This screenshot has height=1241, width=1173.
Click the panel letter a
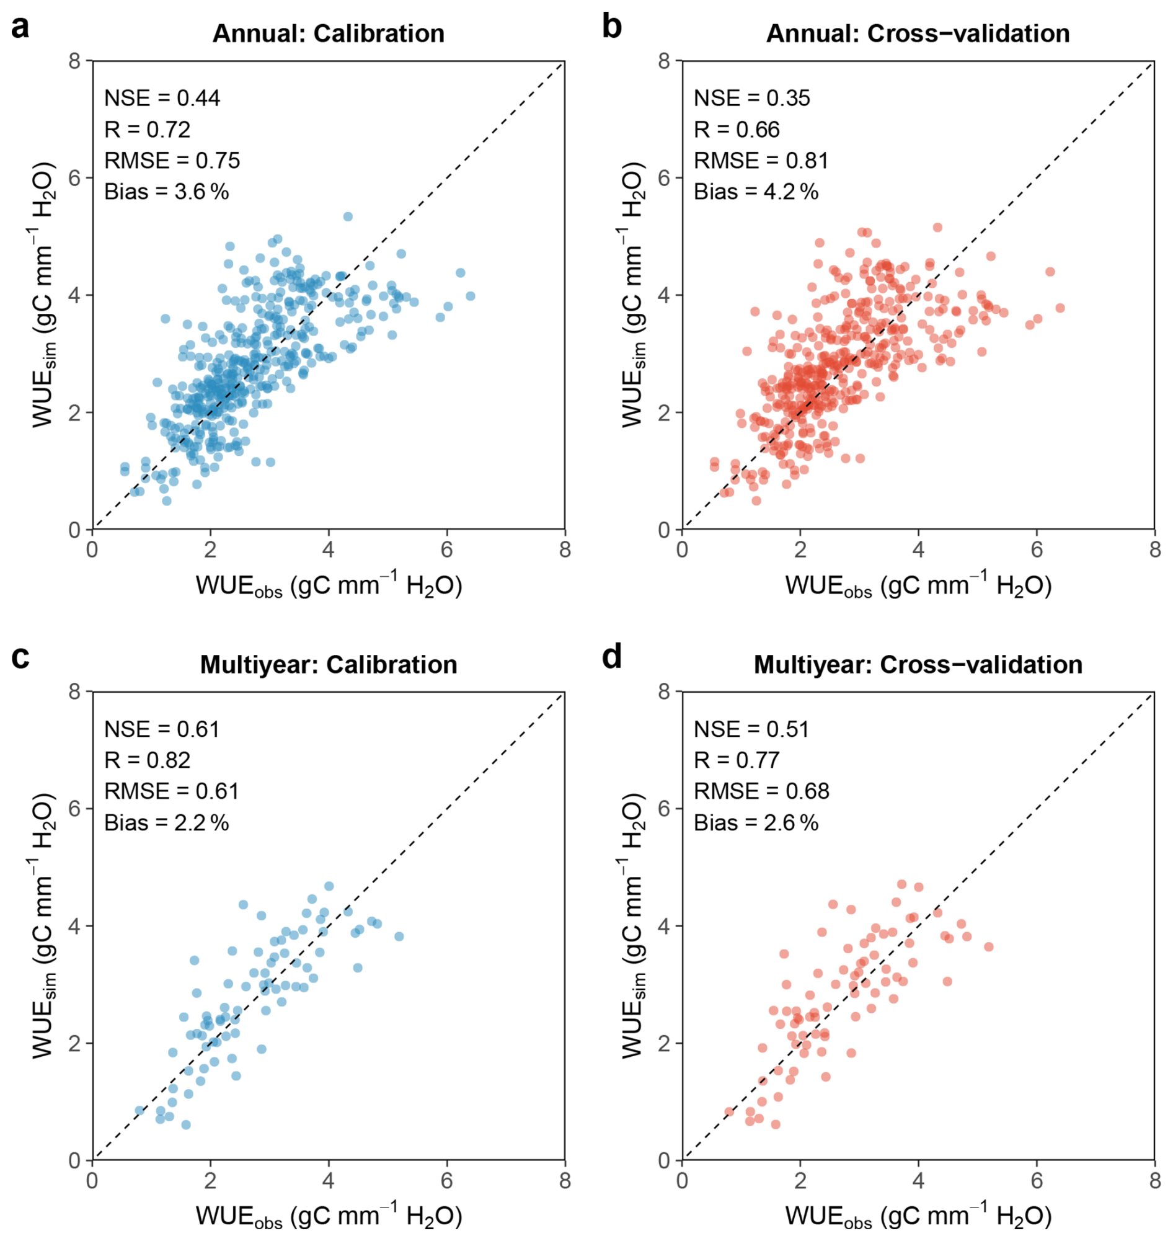coord(20,27)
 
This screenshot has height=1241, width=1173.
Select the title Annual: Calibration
coord(328,33)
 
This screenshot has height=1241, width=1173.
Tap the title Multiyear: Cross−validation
coord(918,664)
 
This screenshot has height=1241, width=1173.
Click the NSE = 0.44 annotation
coord(162,98)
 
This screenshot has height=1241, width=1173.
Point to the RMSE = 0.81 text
coord(761,161)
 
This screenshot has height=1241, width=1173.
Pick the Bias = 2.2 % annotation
coord(166,822)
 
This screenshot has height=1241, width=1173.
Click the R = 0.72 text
coord(147,130)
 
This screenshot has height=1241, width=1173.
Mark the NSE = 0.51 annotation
coord(751,729)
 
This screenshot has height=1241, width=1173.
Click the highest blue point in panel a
coord(348,216)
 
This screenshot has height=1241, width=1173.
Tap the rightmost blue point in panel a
coord(470,296)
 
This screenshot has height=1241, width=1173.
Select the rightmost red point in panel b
coord(1060,308)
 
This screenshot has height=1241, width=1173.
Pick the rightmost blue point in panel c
coord(399,936)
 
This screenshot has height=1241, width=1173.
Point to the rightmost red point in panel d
coord(988,946)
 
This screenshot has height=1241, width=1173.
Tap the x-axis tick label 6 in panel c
coord(446,1181)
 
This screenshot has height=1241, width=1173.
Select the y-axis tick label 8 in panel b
coord(664,61)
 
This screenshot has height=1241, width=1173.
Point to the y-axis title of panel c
coord(44,927)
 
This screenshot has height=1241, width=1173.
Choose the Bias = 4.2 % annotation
coord(756,192)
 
